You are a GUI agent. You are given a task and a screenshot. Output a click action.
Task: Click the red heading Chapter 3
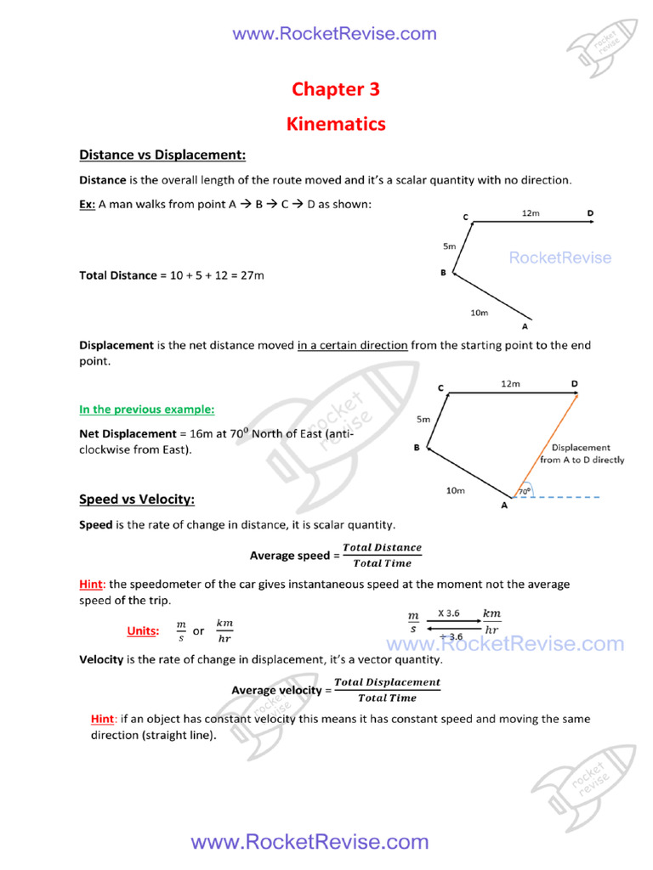[335, 89]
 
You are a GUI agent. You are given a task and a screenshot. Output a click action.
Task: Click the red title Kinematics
[335, 124]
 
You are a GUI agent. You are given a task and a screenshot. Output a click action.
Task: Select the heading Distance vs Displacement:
[162, 155]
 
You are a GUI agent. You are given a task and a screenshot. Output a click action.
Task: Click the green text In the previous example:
[146, 410]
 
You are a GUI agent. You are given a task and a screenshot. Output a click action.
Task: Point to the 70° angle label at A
[524, 491]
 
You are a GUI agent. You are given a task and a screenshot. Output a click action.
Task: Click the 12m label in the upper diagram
[530, 213]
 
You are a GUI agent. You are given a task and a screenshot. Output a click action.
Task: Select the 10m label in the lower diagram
[456, 489]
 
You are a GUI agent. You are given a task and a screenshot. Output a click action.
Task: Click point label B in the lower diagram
[417, 448]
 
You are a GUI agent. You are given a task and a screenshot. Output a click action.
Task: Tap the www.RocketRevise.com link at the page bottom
[309, 842]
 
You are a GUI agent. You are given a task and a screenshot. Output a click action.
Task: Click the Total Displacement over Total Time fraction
[387, 690]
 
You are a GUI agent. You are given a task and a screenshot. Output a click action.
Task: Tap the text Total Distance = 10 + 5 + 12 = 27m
[172, 275]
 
